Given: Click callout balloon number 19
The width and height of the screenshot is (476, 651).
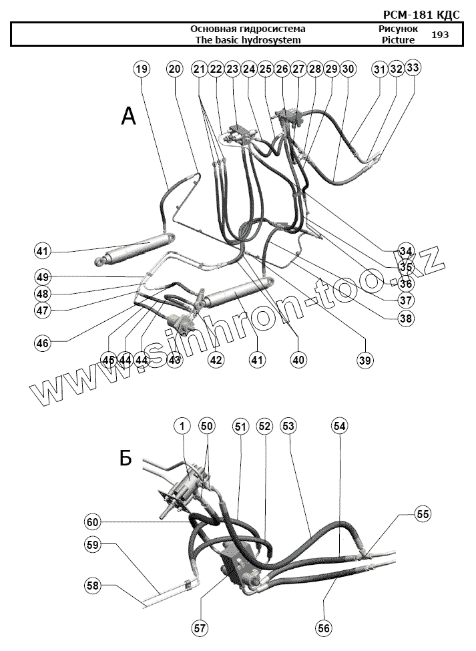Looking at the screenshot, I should coord(141,69).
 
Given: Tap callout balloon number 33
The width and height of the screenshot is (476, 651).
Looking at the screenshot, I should coord(413,67).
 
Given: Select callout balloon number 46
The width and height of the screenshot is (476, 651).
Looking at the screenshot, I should coord(43,343).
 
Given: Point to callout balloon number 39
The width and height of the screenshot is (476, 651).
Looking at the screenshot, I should coord(364,360).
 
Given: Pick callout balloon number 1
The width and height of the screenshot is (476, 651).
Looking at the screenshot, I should coord(183,425).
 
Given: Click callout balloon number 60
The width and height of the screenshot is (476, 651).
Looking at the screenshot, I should coord(93,521).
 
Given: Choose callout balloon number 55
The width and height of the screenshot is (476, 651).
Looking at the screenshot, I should coord(423,513).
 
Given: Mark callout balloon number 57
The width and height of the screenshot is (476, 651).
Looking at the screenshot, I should coord(200,628).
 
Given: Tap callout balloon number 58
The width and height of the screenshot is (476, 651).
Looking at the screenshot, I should coord(93,586).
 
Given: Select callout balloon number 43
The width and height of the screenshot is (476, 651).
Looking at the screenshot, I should coord(174,359).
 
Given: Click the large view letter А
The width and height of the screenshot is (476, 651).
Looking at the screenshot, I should coord(128,117).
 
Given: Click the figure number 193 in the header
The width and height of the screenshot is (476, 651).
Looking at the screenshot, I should coord(440,34).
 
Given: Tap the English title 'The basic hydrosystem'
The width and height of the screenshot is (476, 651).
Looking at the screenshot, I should coord(248,39).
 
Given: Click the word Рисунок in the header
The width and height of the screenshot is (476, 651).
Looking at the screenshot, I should coord(398,29).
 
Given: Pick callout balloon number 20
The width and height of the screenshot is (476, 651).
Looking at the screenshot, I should coord(174,69).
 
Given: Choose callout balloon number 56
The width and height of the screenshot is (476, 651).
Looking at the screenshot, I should coord(325,628).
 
